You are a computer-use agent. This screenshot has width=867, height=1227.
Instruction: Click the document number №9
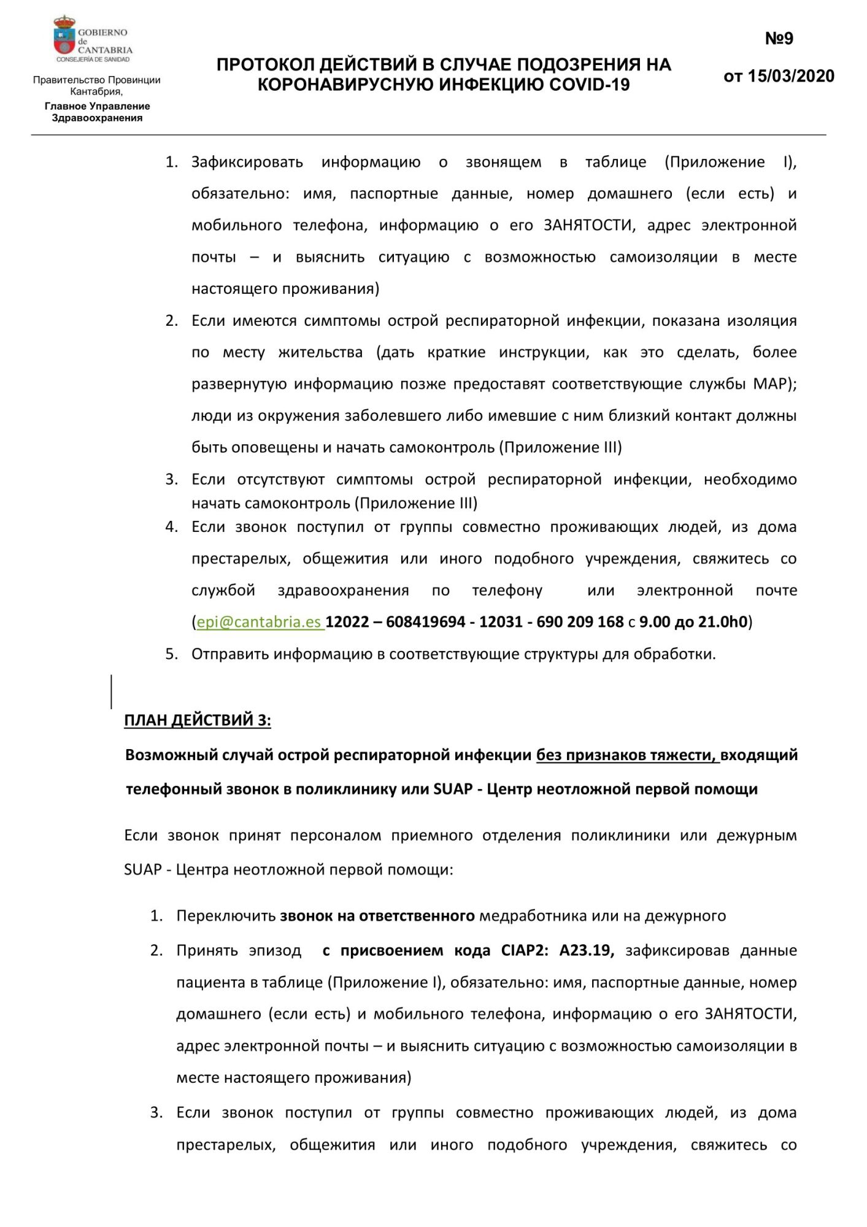point(779,39)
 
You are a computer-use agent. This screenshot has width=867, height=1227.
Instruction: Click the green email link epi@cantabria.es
point(259,622)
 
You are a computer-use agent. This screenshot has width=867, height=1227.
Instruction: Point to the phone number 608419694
point(425,622)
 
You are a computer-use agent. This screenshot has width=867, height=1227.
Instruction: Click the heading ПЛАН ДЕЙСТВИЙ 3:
point(197,720)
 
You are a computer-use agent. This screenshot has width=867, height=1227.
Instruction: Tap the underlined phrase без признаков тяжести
point(625,755)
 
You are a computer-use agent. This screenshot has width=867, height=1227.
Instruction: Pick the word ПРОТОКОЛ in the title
point(265,64)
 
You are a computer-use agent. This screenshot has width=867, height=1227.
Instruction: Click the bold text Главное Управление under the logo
point(97,106)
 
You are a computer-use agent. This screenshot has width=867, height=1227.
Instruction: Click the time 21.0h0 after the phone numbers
point(723,622)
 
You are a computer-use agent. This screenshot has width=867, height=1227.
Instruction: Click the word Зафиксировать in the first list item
point(247,162)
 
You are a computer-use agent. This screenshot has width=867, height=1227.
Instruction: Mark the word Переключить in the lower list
point(225,916)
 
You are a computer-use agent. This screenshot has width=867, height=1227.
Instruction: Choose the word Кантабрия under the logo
point(96,92)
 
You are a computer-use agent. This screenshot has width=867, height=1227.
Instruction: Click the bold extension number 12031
point(500,622)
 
